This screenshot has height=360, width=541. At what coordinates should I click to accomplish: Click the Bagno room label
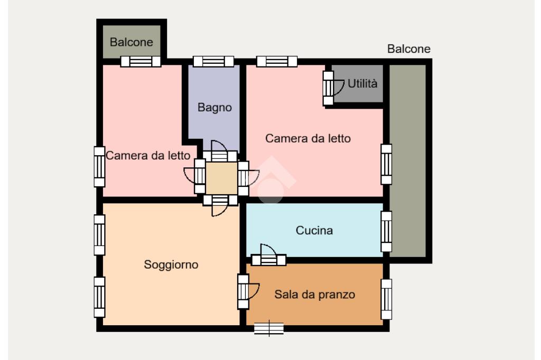coord(214,108)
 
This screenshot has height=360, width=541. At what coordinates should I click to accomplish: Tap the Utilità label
coord(362,83)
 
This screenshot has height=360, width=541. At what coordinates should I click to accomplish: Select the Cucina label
coord(314,230)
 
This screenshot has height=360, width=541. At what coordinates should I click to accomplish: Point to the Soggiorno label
coord(171,264)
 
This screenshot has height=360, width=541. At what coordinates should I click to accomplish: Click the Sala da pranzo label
coord(315,295)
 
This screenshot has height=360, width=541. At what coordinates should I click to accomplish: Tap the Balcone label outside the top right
coord(408,49)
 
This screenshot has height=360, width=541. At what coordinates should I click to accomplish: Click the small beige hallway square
coord(221,178)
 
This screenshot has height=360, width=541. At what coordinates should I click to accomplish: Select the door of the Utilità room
coord(333,88)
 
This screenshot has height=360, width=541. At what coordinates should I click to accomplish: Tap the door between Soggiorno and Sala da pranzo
coord(248,292)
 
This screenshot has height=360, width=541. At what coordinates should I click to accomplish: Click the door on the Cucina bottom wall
coord(269,255)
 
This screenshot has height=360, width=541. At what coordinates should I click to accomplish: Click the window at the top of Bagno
coord(213,61)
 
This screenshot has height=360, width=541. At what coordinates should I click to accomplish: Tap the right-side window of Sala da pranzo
coord(386,299)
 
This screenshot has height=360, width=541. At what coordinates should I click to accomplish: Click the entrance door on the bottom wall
coord(269,328)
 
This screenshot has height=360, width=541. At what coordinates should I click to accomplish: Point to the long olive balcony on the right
coord(407,160)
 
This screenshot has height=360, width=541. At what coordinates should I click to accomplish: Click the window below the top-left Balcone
coord(141,61)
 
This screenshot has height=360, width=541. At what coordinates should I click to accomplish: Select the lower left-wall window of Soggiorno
coord(99,297)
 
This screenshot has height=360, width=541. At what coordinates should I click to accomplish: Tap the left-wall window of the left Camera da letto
coord(99,167)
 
